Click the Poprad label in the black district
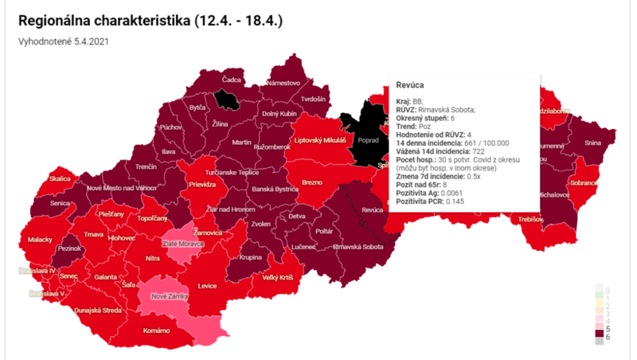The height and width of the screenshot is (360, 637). tap(368, 139)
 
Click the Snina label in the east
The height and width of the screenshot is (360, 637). tap(593, 143)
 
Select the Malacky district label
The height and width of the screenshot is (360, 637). tap(40, 238)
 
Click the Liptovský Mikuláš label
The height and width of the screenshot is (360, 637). tap(319, 140)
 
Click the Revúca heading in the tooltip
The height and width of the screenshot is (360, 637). tap(409, 84)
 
